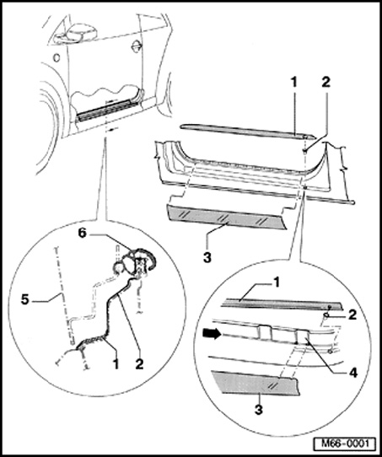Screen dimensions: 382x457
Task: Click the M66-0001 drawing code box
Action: (x=345, y=444)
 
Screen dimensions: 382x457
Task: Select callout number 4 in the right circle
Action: (x=352, y=373)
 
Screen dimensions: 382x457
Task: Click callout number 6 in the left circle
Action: (x=83, y=234)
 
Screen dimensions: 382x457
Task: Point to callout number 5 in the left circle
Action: (x=25, y=300)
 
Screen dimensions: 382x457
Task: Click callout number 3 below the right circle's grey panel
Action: (x=258, y=410)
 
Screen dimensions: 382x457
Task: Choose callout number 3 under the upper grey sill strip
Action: (x=207, y=258)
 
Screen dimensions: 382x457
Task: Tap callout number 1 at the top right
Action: (x=294, y=83)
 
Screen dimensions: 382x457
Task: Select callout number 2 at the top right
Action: (x=326, y=83)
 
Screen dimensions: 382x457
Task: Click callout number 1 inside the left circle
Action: (x=116, y=364)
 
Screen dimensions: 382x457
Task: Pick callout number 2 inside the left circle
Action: (x=139, y=364)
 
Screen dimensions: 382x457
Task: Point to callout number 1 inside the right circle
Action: (x=276, y=282)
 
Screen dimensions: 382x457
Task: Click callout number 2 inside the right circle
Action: (x=352, y=315)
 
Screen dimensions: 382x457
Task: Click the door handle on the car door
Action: (x=135, y=46)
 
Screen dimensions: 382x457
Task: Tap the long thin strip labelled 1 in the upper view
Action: (x=248, y=132)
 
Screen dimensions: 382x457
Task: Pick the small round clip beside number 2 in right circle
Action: (x=326, y=315)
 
